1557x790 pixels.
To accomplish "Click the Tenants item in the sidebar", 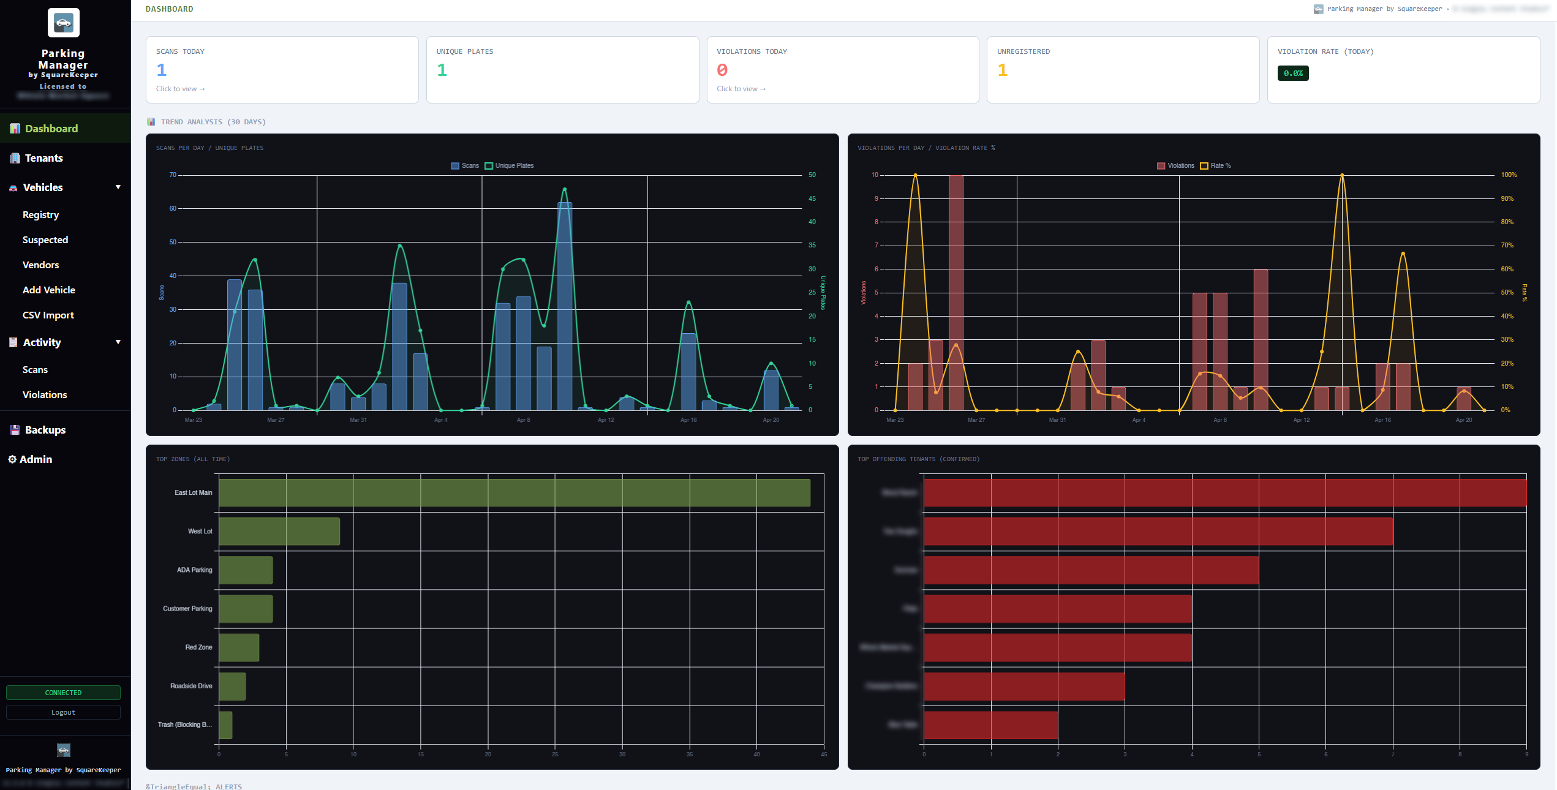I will click(43, 158).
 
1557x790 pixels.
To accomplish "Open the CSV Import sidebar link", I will click(48, 315).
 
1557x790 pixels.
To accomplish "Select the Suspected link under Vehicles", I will click(45, 240).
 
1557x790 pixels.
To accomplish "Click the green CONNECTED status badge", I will click(63, 693).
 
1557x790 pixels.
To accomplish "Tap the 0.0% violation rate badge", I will click(1292, 73).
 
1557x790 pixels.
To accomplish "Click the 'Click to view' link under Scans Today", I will click(180, 89).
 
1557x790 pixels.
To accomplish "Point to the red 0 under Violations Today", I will click(722, 70).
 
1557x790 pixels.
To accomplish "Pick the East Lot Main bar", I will click(514, 493).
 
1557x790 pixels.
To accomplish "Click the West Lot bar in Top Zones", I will click(279, 532).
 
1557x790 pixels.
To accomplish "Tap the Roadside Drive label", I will click(191, 686).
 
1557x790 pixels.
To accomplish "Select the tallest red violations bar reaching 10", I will click(956, 293).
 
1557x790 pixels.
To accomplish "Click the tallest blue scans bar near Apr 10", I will click(564, 306).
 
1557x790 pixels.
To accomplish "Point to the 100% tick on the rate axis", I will click(1509, 175).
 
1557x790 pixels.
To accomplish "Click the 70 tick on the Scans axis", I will click(173, 175).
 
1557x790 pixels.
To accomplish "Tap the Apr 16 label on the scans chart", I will click(688, 420).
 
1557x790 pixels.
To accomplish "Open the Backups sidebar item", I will click(45, 430).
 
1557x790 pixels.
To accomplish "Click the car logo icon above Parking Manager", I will click(63, 23).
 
